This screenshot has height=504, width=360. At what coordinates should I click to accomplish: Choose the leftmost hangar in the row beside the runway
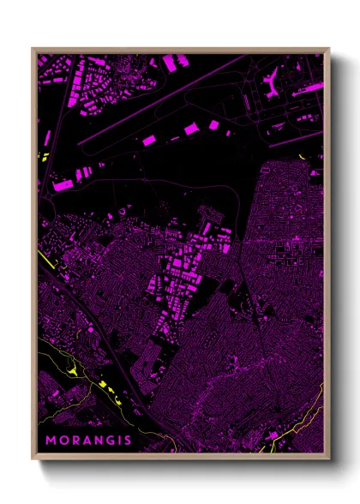pyautogui.click(x=147, y=139)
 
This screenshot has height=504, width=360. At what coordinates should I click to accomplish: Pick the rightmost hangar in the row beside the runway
pyautogui.click(x=213, y=124)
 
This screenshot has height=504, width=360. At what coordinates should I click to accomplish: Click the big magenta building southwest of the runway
pyautogui.click(x=63, y=183)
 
